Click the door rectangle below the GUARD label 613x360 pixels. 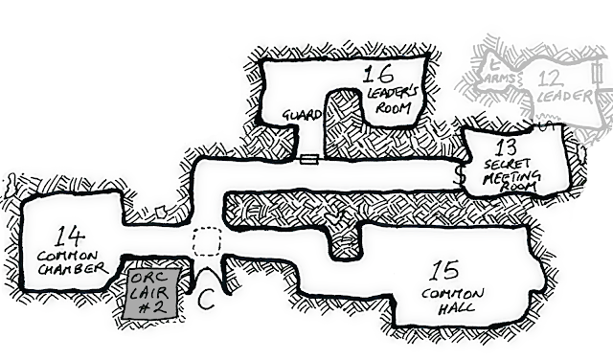click(x=309, y=160)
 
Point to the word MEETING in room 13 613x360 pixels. click(x=511, y=177)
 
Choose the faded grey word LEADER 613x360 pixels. click(x=560, y=96)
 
